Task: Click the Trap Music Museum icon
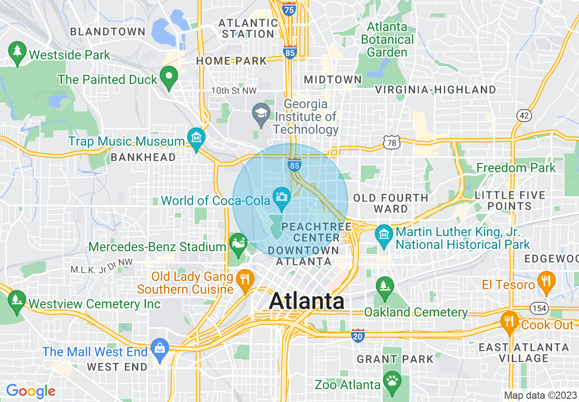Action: (196, 138)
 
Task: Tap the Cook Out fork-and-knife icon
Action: (508, 322)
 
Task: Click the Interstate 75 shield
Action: (289, 9)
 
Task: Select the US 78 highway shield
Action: (392, 143)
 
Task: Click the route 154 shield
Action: (540, 308)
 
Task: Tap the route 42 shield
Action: (524, 116)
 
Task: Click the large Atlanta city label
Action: (306, 301)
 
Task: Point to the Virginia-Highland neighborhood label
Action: (435, 90)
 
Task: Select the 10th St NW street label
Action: (234, 91)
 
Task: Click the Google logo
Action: (31, 391)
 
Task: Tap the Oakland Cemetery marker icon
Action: (384, 286)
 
